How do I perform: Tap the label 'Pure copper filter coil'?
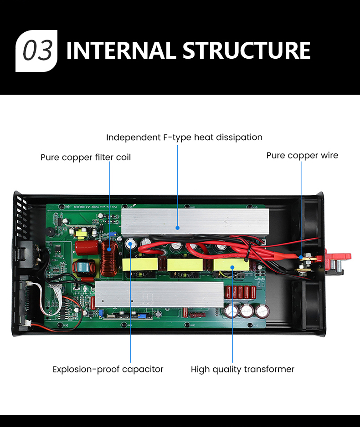[x=86, y=158]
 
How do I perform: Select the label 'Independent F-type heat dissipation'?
[x=184, y=137]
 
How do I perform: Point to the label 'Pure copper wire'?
[x=302, y=155]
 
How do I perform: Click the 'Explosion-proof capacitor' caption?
[x=108, y=369]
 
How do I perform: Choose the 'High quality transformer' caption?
[x=242, y=369]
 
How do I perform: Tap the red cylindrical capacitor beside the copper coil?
[x=87, y=250]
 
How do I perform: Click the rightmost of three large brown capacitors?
[x=262, y=311]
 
